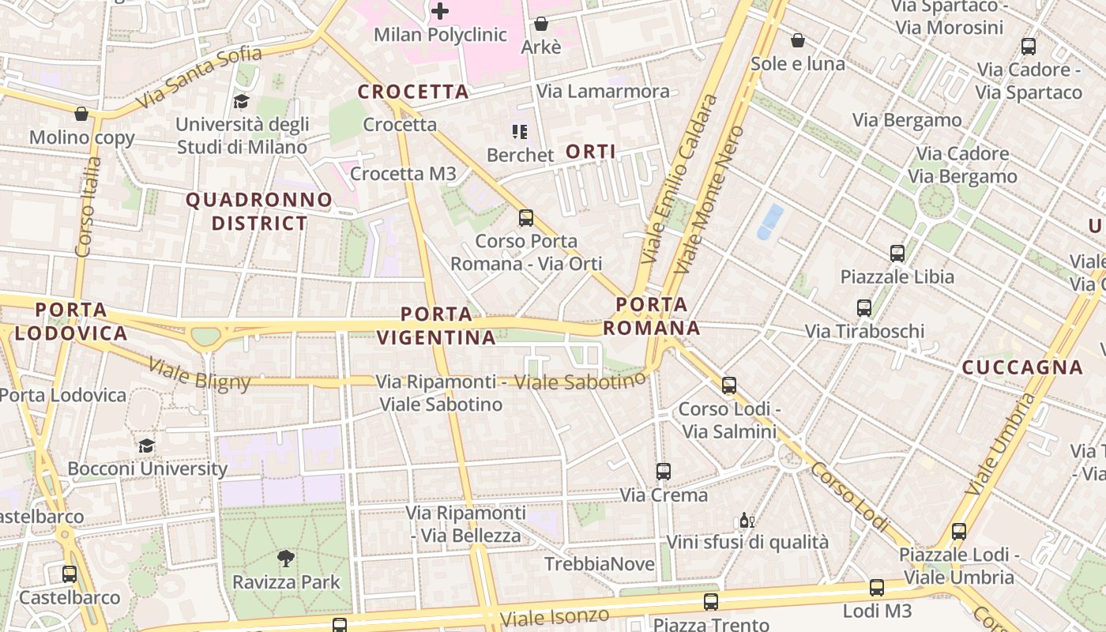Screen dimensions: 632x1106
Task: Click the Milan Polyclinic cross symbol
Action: tap(440, 11)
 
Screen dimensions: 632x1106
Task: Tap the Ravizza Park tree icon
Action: tap(286, 559)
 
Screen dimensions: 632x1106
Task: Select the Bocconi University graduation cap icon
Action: tap(146, 446)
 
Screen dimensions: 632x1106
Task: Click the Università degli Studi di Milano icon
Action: tap(241, 101)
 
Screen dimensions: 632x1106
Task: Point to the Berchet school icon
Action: tap(519, 131)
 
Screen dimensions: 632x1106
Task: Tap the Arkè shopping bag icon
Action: tap(541, 24)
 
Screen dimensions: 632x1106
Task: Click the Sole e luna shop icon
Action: tap(798, 39)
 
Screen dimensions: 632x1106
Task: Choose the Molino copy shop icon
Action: tap(81, 114)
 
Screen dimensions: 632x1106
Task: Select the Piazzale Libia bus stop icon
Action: tap(897, 254)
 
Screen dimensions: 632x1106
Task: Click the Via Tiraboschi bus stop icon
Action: tap(864, 308)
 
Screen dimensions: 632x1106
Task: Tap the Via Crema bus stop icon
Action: tap(664, 472)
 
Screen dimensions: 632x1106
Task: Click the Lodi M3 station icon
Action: tap(877, 588)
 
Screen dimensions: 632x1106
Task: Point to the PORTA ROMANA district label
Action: tap(652, 316)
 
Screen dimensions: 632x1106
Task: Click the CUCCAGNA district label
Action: tap(1022, 367)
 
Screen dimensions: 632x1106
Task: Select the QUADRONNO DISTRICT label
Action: tap(259, 212)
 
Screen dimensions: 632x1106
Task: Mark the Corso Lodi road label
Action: tap(850, 496)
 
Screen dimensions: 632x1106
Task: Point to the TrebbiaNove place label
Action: tap(600, 564)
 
